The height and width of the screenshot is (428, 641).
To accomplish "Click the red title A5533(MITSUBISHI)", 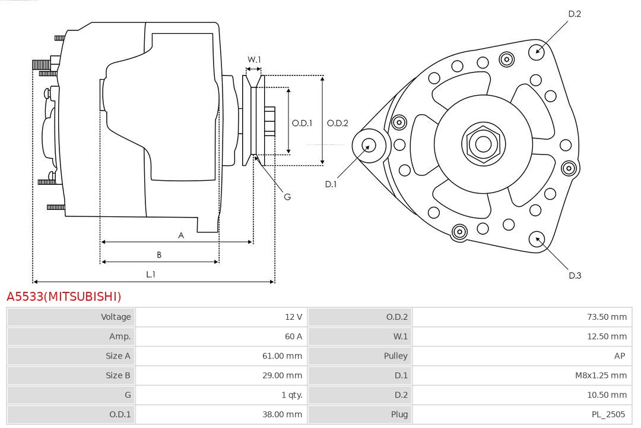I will click(64, 296).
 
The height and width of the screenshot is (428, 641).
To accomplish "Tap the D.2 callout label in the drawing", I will click(575, 14).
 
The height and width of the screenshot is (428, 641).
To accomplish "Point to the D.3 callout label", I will click(575, 275).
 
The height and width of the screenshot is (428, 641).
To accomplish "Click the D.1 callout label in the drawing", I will click(331, 184).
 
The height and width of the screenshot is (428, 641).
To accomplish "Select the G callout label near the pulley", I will click(287, 197).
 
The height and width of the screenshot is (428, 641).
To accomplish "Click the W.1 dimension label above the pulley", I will click(254, 59).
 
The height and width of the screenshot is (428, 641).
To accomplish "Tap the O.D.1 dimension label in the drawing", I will click(302, 123).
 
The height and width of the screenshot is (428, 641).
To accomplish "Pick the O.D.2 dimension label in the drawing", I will click(337, 123).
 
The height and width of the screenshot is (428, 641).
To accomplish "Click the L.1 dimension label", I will click(151, 274).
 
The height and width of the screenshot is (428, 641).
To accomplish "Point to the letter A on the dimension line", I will click(181, 235).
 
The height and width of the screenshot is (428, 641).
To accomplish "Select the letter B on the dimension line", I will click(159, 255).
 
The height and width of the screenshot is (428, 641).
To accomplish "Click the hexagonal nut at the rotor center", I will click(483, 144).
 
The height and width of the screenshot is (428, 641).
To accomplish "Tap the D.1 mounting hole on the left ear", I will click(369, 144).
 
